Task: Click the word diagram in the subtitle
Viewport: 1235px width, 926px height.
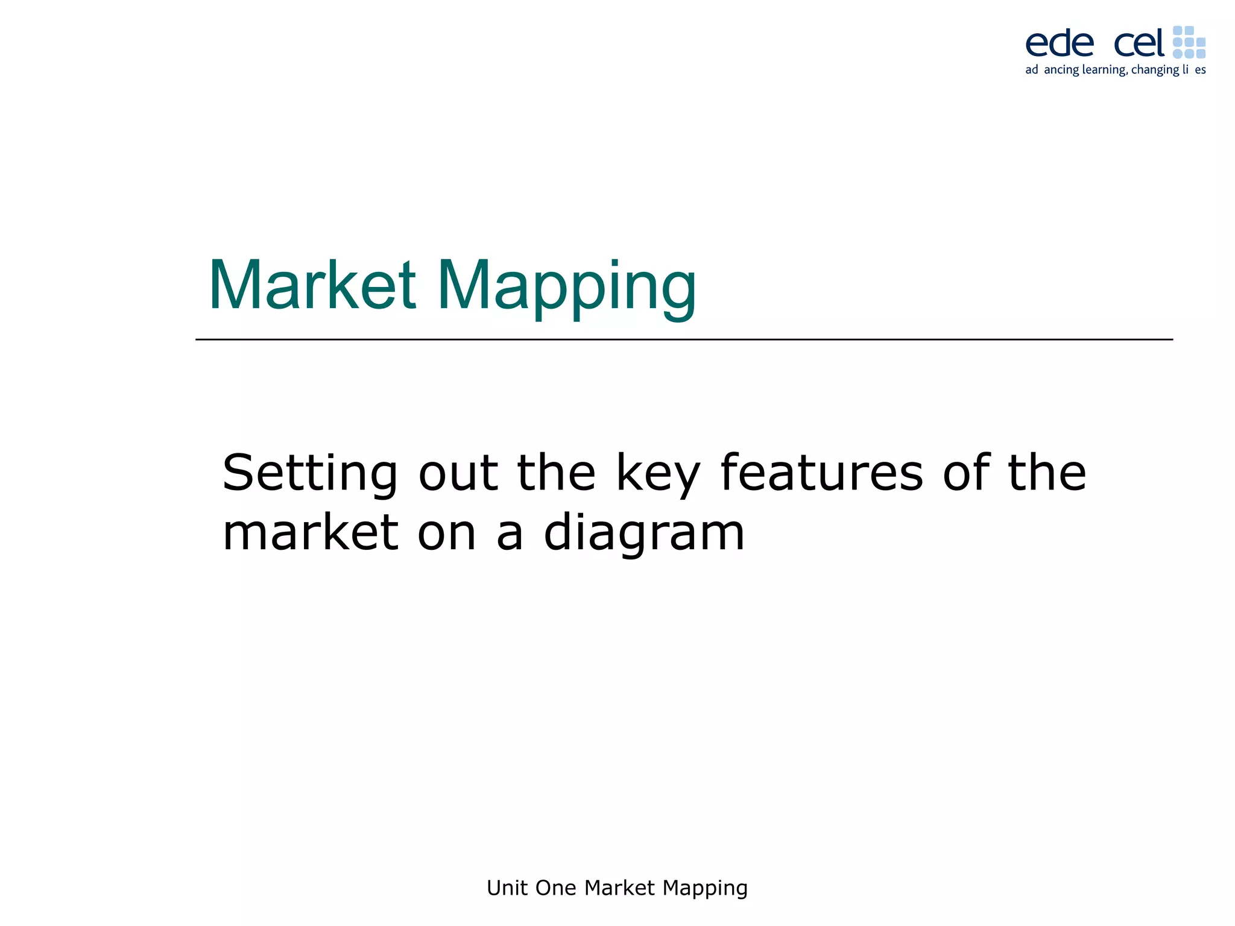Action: (x=644, y=534)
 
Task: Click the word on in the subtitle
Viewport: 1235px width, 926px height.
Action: (x=447, y=534)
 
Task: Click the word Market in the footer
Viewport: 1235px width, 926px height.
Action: (x=619, y=888)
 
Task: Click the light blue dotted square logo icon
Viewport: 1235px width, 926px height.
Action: (x=1189, y=42)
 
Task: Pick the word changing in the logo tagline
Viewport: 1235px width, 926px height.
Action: (x=1155, y=70)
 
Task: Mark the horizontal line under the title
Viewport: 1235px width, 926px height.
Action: (x=684, y=339)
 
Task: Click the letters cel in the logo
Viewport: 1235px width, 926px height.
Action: (x=1139, y=43)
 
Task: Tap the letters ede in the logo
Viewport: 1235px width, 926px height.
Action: (x=1060, y=43)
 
